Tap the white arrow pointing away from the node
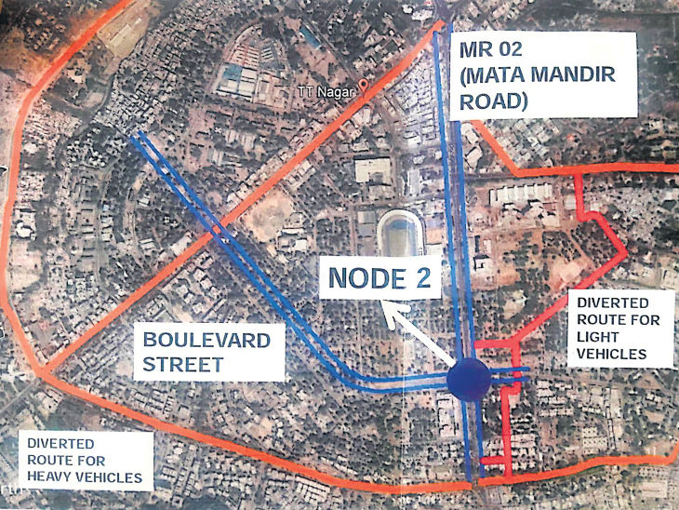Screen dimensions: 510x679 pos(423,333)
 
